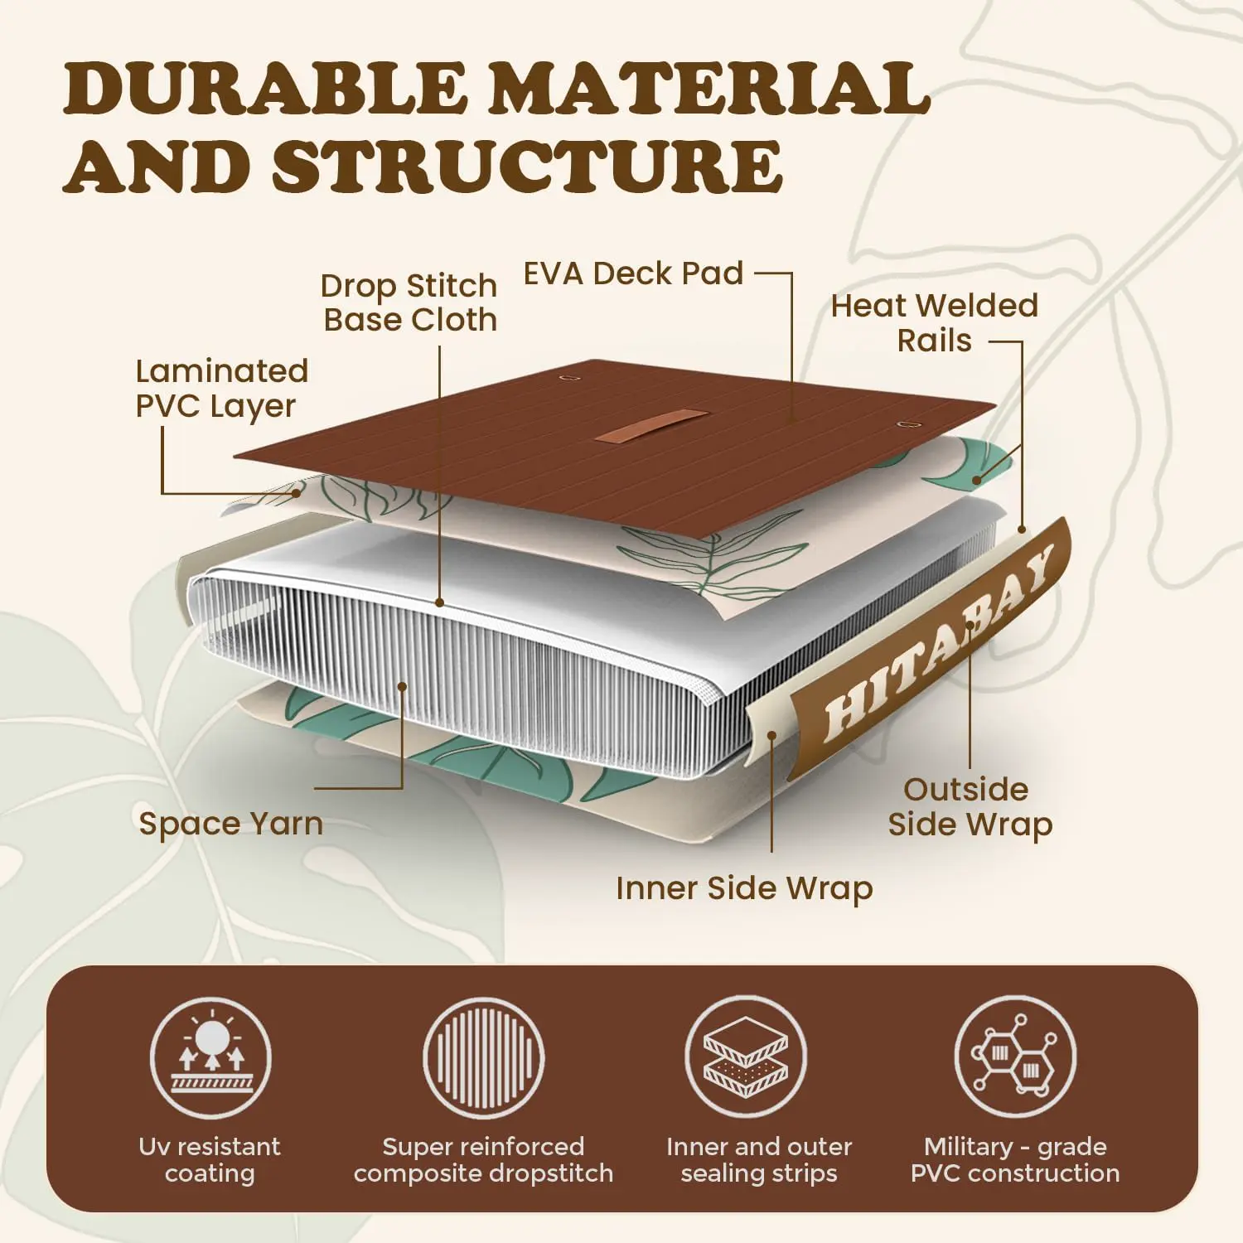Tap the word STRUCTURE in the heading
tap(527, 165)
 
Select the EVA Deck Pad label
tap(633, 273)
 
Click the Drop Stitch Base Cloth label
tap(409, 302)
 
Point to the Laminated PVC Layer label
tap(221, 389)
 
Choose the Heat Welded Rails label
tap(934, 323)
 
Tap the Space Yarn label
tap(230, 824)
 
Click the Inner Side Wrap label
tap(744, 888)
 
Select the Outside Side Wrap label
tap(970, 807)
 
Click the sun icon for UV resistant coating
tap(210, 1057)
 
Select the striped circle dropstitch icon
tap(484, 1057)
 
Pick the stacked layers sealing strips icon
tap(746, 1057)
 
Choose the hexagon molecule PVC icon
tap(1015, 1057)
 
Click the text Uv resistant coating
tap(210, 1160)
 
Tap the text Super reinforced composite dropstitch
tap(484, 1160)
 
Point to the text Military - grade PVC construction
tap(1015, 1160)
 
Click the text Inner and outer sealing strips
tap(759, 1160)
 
